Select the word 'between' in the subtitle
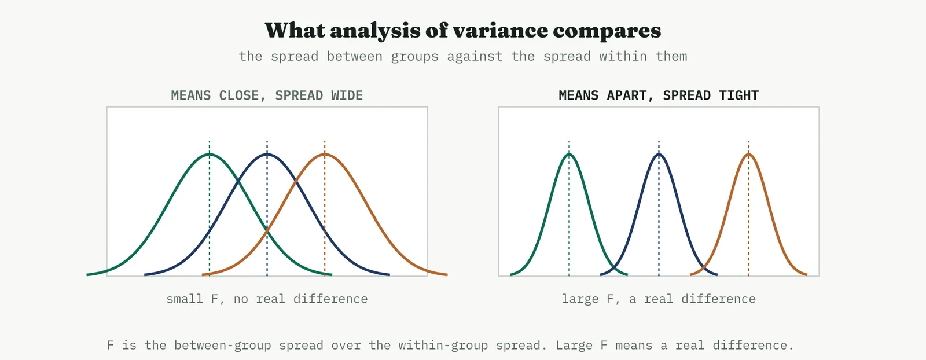click(354, 56)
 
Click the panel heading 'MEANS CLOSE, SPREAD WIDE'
click(267, 95)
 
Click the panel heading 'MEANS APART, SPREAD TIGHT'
click(659, 95)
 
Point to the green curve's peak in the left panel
click(209, 154)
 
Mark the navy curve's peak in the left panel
click(267, 154)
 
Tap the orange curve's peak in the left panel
click(325, 154)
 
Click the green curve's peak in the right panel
click(569, 154)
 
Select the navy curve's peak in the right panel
click(659, 154)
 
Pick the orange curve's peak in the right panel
click(748, 154)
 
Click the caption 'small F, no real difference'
click(267, 299)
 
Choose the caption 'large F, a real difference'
click(659, 299)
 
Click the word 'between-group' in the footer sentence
click(222, 345)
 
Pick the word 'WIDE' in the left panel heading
click(347, 95)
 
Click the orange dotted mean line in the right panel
click(748, 208)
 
